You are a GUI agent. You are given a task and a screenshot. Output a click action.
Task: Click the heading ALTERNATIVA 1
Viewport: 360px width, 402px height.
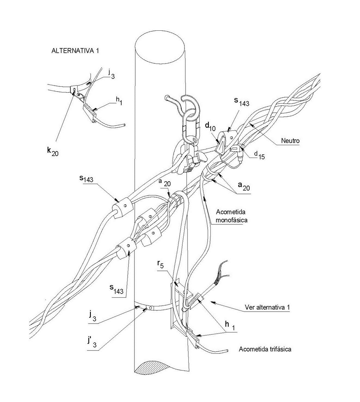(x=75, y=51)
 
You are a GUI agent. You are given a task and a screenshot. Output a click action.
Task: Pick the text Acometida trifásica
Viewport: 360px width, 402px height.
(x=265, y=349)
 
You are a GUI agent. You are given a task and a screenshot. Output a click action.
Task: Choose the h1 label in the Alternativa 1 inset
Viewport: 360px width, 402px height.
(x=118, y=102)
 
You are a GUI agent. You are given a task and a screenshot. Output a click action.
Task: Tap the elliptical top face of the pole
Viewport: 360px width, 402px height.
(x=161, y=48)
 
